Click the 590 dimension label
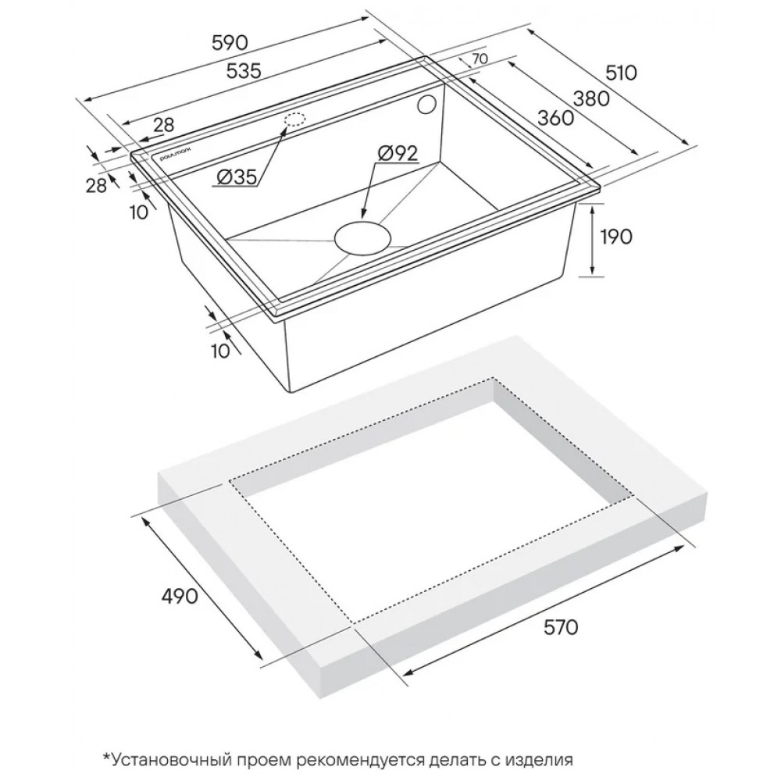point(230,43)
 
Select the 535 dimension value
point(244,72)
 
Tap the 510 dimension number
point(621,73)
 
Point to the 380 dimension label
point(591,99)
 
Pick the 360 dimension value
point(556,118)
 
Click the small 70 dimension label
point(479,59)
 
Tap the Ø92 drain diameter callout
point(397,154)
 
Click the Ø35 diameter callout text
point(236,177)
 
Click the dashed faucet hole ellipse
point(295,120)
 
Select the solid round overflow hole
point(427,106)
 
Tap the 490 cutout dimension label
point(180,596)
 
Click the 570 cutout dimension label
point(560,628)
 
